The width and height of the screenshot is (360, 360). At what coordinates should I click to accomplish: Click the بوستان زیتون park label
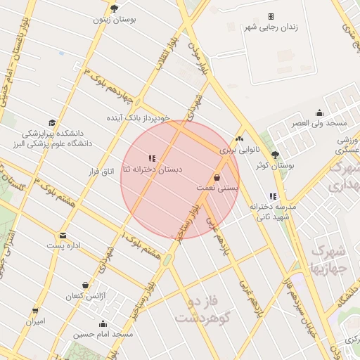click(115, 19)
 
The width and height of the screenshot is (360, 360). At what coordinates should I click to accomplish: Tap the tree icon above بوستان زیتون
click(115, 8)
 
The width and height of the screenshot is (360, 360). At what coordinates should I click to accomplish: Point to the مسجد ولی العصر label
click(319, 124)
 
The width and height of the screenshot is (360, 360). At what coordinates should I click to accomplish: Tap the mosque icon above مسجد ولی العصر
click(320, 112)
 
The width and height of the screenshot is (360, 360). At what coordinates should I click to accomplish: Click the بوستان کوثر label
click(274, 165)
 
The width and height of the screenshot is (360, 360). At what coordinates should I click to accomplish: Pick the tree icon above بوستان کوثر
click(275, 154)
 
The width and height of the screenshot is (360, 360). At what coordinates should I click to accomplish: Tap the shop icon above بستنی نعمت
click(217, 177)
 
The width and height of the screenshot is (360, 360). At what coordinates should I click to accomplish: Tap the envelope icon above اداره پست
click(63, 235)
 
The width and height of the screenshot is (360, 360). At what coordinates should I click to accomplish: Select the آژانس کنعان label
click(85, 296)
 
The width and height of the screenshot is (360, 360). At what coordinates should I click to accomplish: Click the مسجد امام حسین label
click(103, 335)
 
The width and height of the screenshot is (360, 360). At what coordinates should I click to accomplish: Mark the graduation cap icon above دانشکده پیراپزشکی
click(51, 122)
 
